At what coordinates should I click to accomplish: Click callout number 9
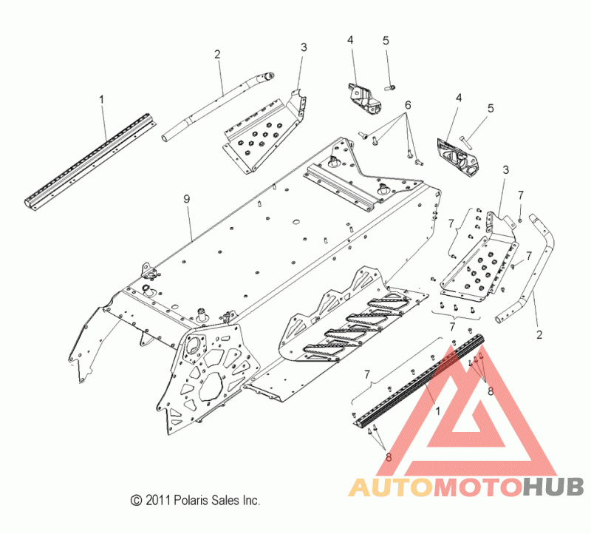point(187,199)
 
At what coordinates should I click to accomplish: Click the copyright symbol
point(135,501)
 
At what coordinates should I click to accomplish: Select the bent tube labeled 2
point(543,266)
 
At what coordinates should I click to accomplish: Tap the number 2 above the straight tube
point(217,53)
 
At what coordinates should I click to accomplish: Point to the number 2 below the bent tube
point(539,335)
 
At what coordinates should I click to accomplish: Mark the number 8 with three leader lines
point(491,391)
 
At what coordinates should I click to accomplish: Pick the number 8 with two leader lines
point(389,457)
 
